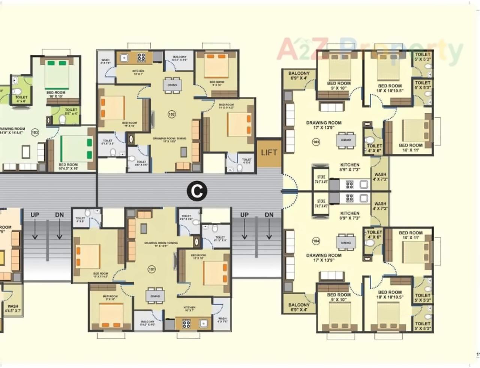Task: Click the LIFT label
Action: [x=269, y=152]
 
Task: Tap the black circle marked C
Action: [x=197, y=191]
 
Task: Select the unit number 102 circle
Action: [x=171, y=114]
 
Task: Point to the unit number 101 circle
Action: [x=151, y=269]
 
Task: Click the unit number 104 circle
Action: [x=316, y=241]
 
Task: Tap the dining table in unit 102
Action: [x=172, y=85]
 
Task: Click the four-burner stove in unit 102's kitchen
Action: [x=141, y=57]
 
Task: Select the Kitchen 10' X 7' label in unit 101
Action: [x=189, y=309]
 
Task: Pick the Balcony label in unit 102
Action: [x=180, y=58]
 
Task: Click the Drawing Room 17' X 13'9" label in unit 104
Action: [x=324, y=258]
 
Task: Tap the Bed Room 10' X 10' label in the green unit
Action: [x=55, y=94]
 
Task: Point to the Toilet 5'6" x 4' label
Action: [x=71, y=111]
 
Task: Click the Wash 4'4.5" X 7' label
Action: [x=13, y=308]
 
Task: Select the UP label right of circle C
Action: [x=244, y=215]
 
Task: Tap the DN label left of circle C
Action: [x=59, y=215]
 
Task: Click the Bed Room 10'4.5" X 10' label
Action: [x=68, y=167]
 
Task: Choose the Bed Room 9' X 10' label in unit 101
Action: [x=110, y=297]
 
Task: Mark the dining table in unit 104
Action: [x=346, y=242]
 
